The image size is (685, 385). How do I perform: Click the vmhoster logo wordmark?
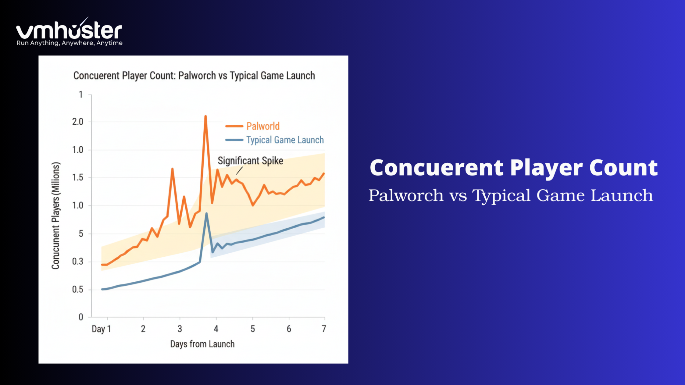[x=69, y=31]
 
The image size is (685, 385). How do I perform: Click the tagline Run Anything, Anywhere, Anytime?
[x=70, y=43]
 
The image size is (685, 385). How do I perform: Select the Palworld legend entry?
[x=263, y=126]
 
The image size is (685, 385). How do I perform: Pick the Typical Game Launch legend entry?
[x=285, y=140]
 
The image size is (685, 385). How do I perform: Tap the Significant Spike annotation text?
[x=250, y=161]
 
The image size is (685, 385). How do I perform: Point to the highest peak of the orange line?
[x=205, y=116]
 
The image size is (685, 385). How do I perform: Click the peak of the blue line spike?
[x=206, y=213]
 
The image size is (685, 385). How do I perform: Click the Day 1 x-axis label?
[x=101, y=329]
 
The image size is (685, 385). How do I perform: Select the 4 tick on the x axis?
[x=216, y=329]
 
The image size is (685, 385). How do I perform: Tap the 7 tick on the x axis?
[x=324, y=329]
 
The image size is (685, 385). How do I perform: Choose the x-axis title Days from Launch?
[x=202, y=344]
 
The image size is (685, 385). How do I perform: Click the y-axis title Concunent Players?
[x=56, y=216]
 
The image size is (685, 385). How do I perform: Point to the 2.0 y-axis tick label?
[x=78, y=122]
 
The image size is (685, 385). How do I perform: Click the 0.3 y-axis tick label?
[x=78, y=261]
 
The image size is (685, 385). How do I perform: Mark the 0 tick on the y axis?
[x=81, y=317]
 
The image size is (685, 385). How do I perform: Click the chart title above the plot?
[x=194, y=76]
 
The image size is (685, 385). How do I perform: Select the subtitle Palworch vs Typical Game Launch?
[x=510, y=195]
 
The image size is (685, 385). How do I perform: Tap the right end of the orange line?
[x=324, y=173]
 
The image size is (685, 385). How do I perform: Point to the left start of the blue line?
[x=102, y=289]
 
